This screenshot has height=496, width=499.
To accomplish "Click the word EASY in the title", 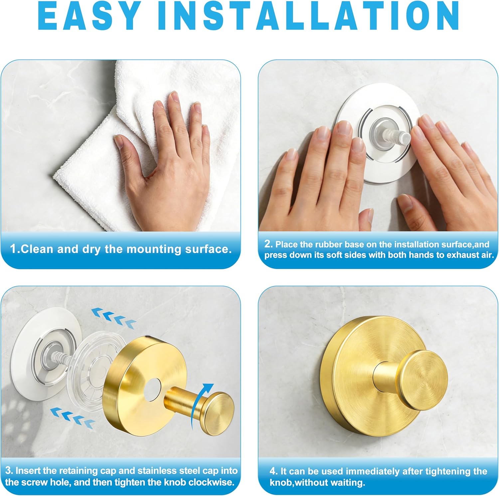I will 90,16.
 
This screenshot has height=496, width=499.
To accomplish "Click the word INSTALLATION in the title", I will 309,16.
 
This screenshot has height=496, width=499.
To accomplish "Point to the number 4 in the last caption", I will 273,471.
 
